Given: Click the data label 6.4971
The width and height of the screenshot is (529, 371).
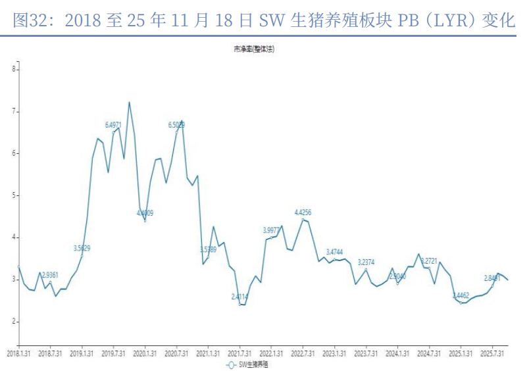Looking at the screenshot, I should pyautogui.click(x=113, y=124).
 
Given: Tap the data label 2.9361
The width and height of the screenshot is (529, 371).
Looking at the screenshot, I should pyautogui.click(x=51, y=274).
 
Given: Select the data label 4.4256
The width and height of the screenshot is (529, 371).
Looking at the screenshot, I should pyautogui.click(x=303, y=212).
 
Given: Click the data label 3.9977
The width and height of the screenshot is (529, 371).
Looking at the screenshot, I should pyautogui.click(x=272, y=230).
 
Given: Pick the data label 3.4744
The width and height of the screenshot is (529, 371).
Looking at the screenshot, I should pyautogui.click(x=334, y=253).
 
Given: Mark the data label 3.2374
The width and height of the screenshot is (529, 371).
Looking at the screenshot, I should pyautogui.click(x=366, y=262).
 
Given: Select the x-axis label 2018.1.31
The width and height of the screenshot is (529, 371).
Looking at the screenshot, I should pyautogui.click(x=18, y=353).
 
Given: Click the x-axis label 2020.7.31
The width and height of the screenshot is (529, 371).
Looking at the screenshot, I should pyautogui.click(x=176, y=353).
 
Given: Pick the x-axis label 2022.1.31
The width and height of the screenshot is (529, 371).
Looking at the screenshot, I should pyautogui.click(x=271, y=353).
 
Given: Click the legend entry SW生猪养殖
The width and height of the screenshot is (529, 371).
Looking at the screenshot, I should pyautogui.click(x=250, y=364).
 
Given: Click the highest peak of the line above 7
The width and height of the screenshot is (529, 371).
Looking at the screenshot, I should pyautogui.click(x=129, y=102).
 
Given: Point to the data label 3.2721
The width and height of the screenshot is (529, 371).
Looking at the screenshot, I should pyautogui.click(x=429, y=261).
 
